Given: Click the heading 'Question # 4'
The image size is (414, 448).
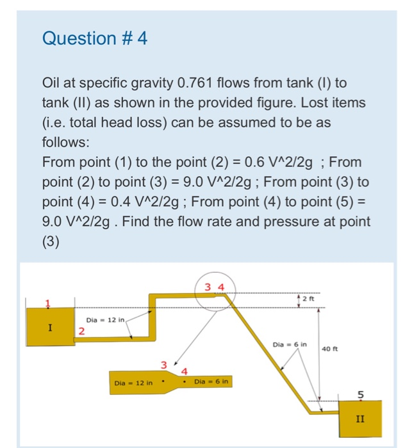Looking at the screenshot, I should (95, 39).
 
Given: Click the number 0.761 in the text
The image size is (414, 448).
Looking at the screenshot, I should (201, 83).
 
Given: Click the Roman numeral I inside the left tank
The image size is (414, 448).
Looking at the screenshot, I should (49, 328).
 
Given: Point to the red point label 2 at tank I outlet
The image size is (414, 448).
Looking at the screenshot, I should (81, 331).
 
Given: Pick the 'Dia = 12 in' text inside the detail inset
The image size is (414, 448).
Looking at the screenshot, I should (133, 383).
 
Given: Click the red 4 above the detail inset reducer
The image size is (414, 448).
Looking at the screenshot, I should (185, 371).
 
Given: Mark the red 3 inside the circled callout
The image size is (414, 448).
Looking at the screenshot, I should (208, 287).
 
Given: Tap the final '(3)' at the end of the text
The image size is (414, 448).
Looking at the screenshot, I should (51, 241).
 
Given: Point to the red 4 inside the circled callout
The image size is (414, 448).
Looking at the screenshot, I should (221, 287).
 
